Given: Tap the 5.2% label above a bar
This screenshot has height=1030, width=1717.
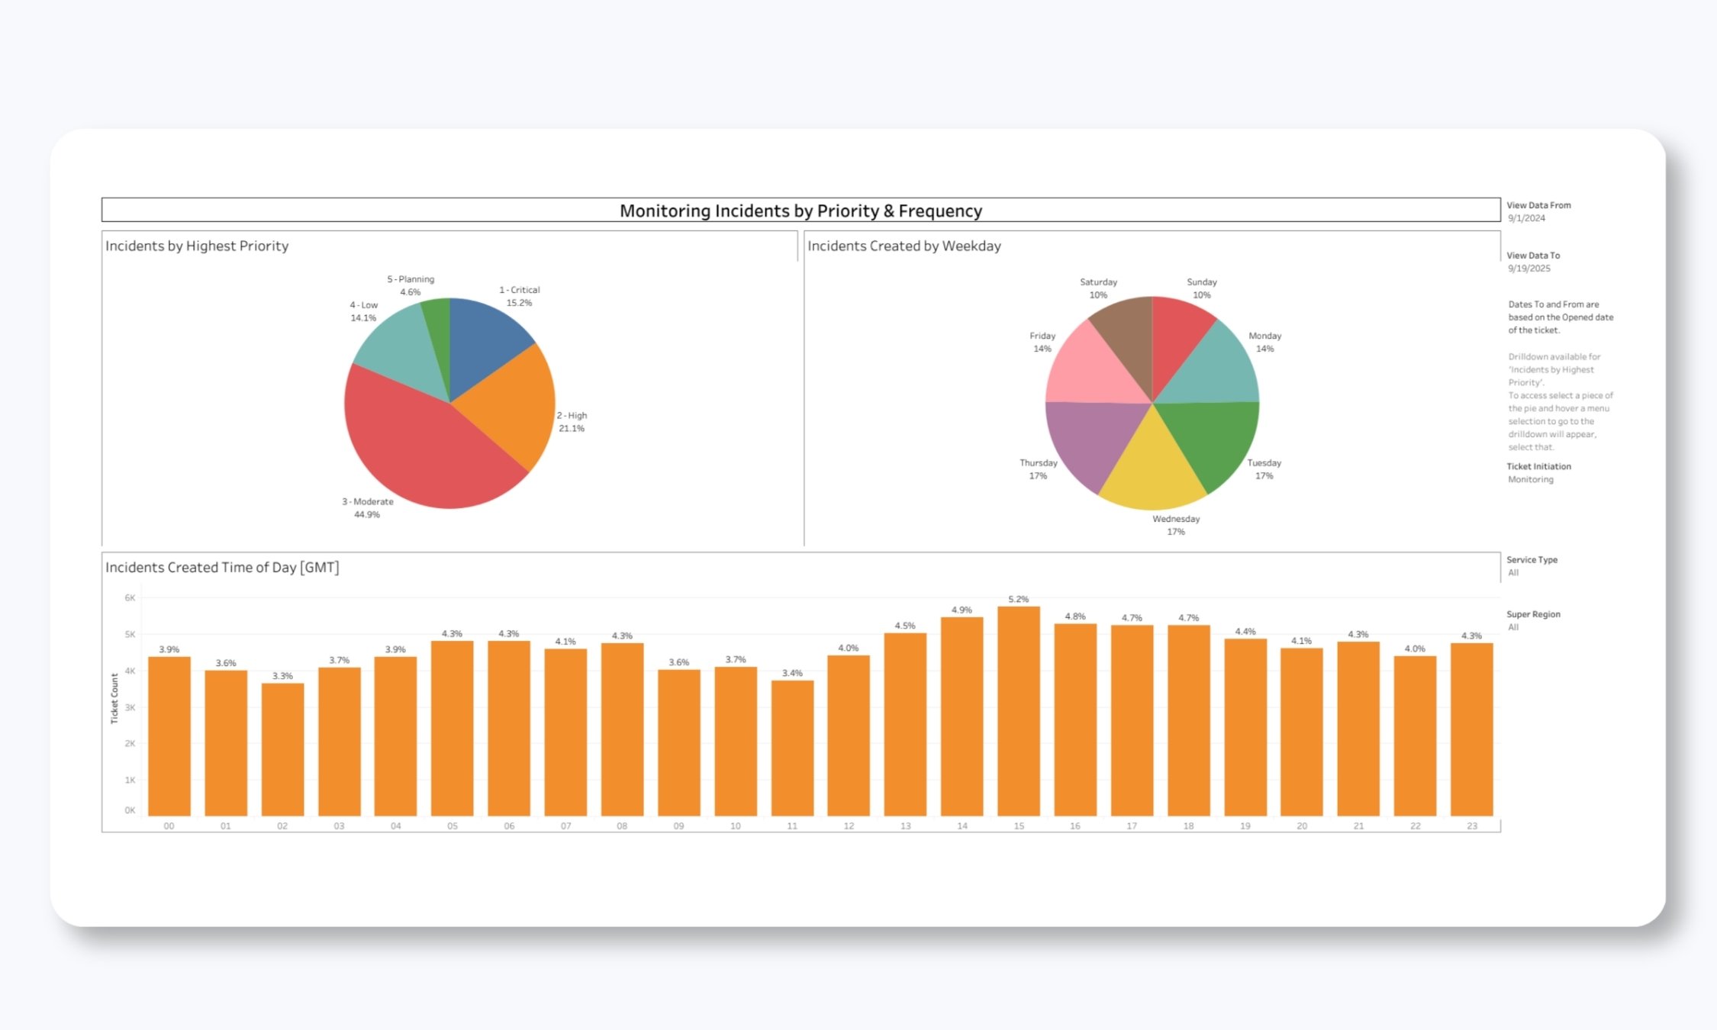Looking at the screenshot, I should [1018, 599].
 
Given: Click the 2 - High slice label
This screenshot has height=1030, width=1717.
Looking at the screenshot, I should [572, 422].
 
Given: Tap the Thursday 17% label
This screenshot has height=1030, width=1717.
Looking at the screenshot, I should [1038, 469].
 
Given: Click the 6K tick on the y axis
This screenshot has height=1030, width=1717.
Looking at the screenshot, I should [130, 597].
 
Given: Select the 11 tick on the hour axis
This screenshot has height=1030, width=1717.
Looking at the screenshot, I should [792, 826].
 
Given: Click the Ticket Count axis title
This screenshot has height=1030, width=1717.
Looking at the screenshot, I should [114, 698].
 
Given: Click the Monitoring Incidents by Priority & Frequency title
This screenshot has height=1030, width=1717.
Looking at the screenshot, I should [801, 211].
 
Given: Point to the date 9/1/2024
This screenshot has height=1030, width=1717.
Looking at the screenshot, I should [1526, 218].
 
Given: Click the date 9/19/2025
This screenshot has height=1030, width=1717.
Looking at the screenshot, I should [1529, 269].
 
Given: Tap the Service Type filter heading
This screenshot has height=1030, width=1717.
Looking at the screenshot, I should [1532, 559].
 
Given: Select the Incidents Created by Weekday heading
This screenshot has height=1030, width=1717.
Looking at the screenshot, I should [904, 246].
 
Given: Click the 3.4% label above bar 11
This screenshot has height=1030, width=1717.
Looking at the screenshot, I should [792, 673].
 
